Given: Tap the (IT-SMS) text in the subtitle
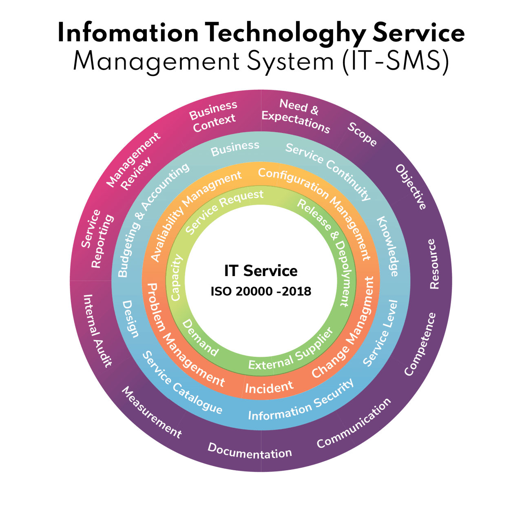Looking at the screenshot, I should (x=396, y=62).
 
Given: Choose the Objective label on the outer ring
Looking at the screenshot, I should (x=411, y=187).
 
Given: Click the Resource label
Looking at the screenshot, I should (x=434, y=264).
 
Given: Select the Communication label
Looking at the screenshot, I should (x=354, y=423).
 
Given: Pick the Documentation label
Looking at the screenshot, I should (x=250, y=451).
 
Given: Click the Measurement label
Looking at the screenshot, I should (x=152, y=412).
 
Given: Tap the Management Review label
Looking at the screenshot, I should (x=134, y=162).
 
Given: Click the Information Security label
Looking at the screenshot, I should (x=301, y=401).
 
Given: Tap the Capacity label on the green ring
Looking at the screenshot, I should (x=176, y=278).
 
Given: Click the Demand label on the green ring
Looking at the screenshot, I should (x=200, y=338).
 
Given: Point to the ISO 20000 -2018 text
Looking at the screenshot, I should (x=261, y=292).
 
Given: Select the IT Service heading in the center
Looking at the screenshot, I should (x=261, y=271).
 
